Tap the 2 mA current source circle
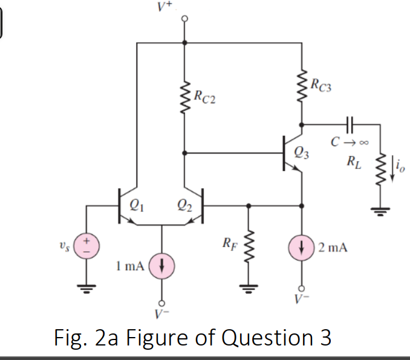(x=302, y=247)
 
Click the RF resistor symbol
(x=247, y=247)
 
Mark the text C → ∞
(x=347, y=143)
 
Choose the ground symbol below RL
(x=380, y=211)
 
